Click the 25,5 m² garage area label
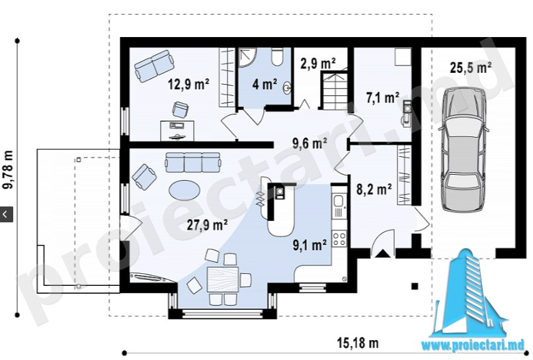470,67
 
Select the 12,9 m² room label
188,84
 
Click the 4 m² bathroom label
265,84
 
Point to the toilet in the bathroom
277,57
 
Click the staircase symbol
333,89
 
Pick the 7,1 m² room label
382,98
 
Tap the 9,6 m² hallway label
309,143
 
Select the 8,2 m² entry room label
374,189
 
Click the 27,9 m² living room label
208,225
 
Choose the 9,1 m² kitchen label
309,245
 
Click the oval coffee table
184,190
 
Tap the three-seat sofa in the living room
192,163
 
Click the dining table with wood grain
223,279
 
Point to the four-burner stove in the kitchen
339,238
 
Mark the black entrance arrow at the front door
383,253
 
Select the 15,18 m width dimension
358,342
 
